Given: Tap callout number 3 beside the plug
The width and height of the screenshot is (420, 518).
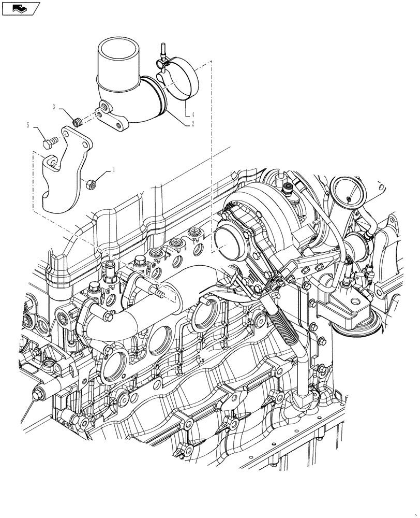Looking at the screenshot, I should pos(54,107).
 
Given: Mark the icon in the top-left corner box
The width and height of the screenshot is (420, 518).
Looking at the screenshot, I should pos(21,8).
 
